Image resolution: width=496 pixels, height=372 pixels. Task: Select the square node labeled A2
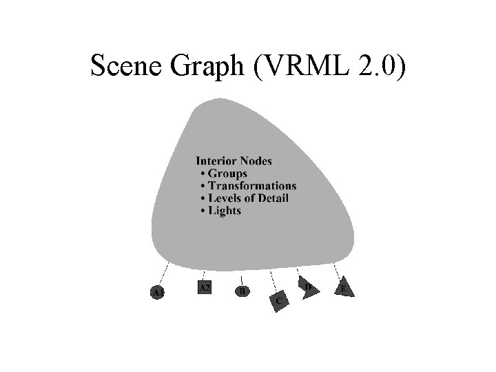tap(204, 288)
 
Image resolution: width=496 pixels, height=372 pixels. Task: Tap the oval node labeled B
tap(242, 292)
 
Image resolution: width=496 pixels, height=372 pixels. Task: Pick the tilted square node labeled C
tap(278, 301)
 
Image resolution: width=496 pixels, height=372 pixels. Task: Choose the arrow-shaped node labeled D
tap(309, 287)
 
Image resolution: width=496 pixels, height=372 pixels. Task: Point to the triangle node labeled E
tap(344, 289)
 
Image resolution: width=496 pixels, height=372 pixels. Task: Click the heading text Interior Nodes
tap(234, 161)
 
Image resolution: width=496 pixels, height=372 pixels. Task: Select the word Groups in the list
tap(227, 174)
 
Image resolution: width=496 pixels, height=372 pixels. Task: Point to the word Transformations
tap(252, 186)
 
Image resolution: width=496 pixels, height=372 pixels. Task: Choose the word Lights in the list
tap(225, 211)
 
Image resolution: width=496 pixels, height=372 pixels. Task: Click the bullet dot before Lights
tap(202, 211)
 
